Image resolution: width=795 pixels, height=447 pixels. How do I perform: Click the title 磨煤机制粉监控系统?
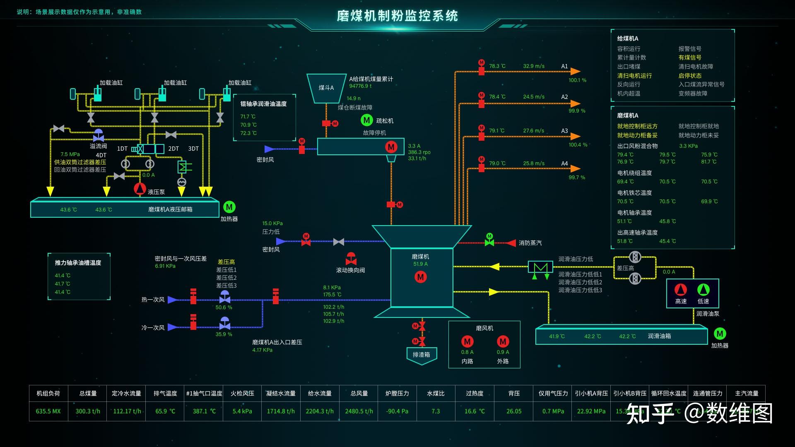click(x=397, y=16)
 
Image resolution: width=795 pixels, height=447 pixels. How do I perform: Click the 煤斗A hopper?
click(x=326, y=88)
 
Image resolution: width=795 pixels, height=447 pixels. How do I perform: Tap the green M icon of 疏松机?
click(x=366, y=120)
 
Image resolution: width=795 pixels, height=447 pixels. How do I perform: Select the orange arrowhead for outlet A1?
click(x=575, y=72)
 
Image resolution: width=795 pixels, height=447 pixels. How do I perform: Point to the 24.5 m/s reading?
click(x=534, y=97)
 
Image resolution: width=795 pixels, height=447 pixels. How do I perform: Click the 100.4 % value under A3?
click(x=578, y=145)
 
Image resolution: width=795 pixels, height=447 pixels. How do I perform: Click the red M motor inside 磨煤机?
click(x=421, y=277)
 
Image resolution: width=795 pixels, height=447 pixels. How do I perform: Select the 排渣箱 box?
click(x=422, y=355)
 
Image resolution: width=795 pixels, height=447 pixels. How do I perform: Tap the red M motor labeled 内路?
click(x=467, y=341)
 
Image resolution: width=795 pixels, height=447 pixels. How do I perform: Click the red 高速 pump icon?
click(x=680, y=290)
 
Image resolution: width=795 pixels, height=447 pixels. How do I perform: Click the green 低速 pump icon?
click(x=703, y=290)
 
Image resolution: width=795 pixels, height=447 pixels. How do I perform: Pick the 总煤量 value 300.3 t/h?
click(x=88, y=411)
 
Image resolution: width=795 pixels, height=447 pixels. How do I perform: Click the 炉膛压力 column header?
click(x=397, y=394)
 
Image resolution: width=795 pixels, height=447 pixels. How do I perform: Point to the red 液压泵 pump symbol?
click(x=140, y=189)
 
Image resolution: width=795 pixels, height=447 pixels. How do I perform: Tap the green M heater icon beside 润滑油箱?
click(x=720, y=334)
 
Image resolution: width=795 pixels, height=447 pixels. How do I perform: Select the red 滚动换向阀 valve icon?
click(x=351, y=259)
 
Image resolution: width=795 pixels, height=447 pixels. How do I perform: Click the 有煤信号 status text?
click(x=690, y=58)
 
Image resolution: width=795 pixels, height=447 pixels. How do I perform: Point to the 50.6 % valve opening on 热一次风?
click(x=224, y=308)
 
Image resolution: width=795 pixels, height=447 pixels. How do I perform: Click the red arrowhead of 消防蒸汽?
click(x=511, y=243)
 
